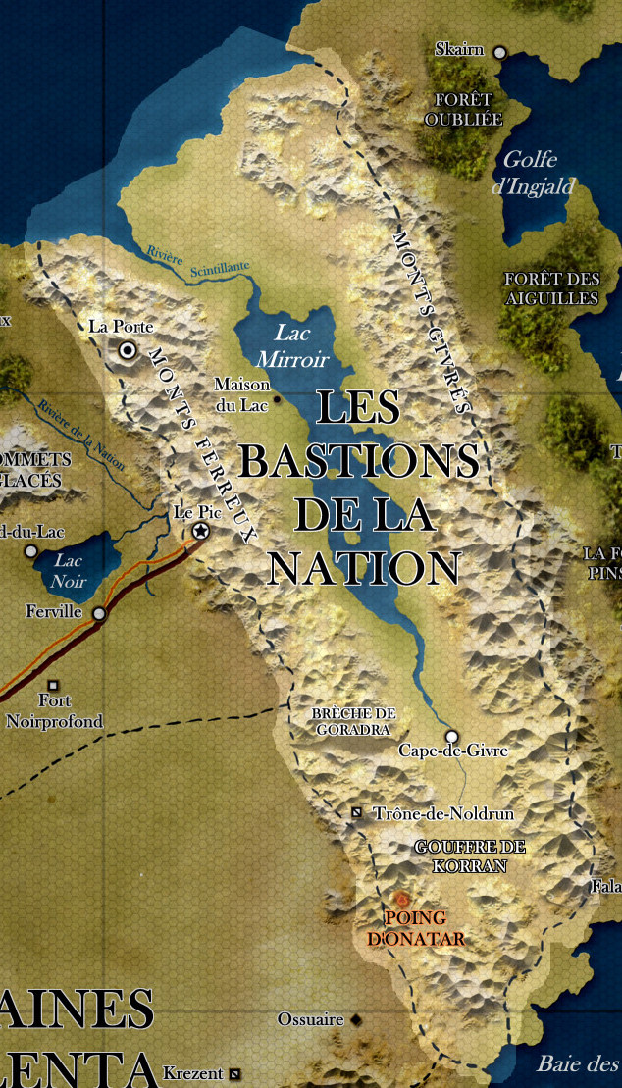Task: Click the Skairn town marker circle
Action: pos(499,52)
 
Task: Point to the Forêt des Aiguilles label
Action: pos(550,288)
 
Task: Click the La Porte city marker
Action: pos(128,349)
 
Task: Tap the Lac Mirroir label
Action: pos(300,346)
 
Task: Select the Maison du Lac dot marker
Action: pos(277,399)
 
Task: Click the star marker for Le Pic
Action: pos(201,531)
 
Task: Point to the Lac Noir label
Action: pos(69,570)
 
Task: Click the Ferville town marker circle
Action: pos(99,614)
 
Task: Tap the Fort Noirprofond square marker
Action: pos(54,685)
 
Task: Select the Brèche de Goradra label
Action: pos(353,721)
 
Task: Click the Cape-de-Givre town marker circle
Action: pos(452,736)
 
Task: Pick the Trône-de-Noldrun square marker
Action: pos(357,813)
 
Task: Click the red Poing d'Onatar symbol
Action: pos(401,898)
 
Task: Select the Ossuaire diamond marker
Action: pos(355,1020)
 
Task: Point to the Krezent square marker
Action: pos(234,1073)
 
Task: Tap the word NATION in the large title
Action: pos(364,568)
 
